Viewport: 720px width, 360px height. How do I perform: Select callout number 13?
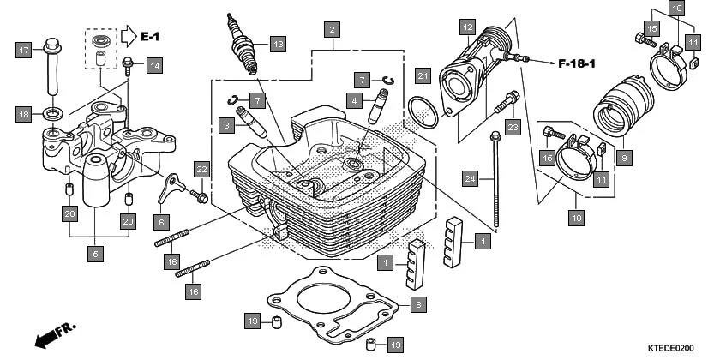pyautogui.click(x=276, y=43)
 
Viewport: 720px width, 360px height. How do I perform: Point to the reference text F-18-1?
pyautogui.click(x=582, y=63)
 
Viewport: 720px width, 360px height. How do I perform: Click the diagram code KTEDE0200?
pyautogui.click(x=683, y=348)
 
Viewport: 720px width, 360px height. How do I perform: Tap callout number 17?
pyautogui.click(x=24, y=50)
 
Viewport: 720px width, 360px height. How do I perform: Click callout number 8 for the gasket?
pyautogui.click(x=417, y=304)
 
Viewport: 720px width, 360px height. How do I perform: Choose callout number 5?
pyautogui.click(x=96, y=254)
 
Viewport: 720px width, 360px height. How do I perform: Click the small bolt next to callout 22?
pyautogui.click(x=202, y=197)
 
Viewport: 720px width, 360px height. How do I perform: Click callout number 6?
pyautogui.click(x=160, y=220)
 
